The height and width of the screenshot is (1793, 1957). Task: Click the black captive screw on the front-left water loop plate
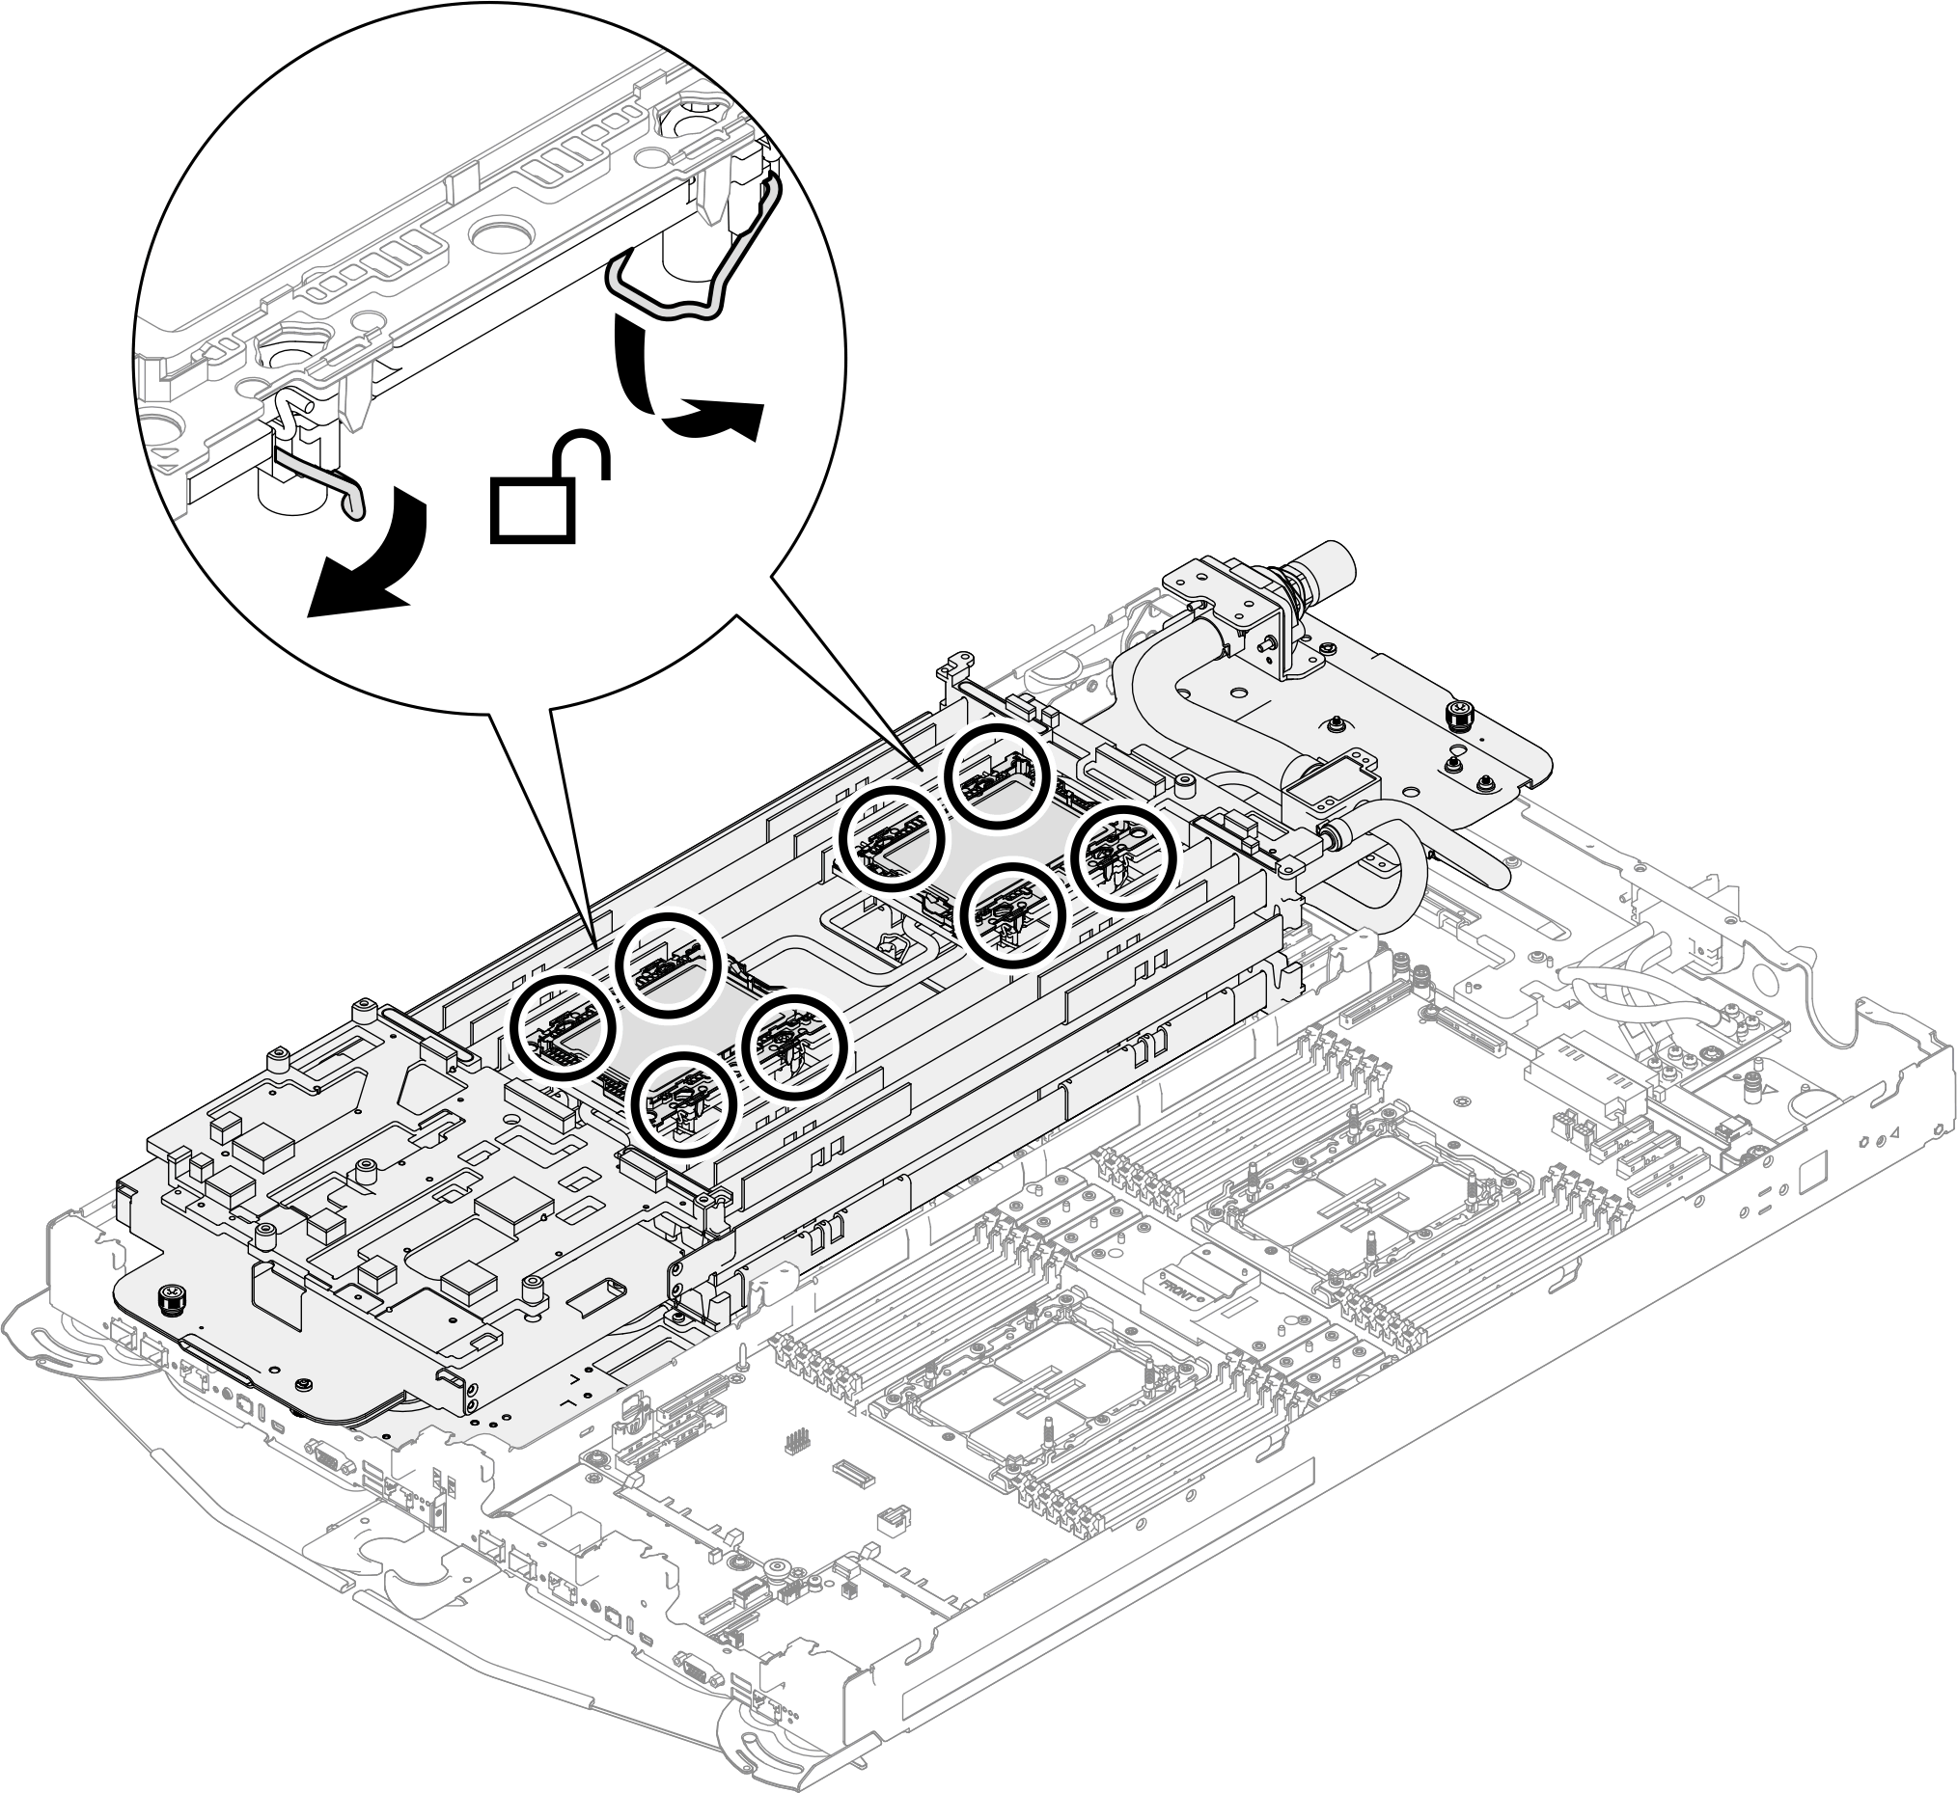171,1297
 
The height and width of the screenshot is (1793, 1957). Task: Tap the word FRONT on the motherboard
1177,1284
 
